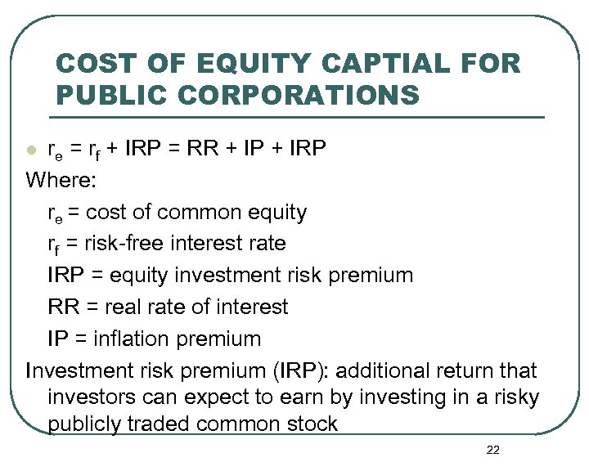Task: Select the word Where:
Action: (61, 180)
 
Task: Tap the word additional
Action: (383, 370)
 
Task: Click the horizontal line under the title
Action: (299, 116)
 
